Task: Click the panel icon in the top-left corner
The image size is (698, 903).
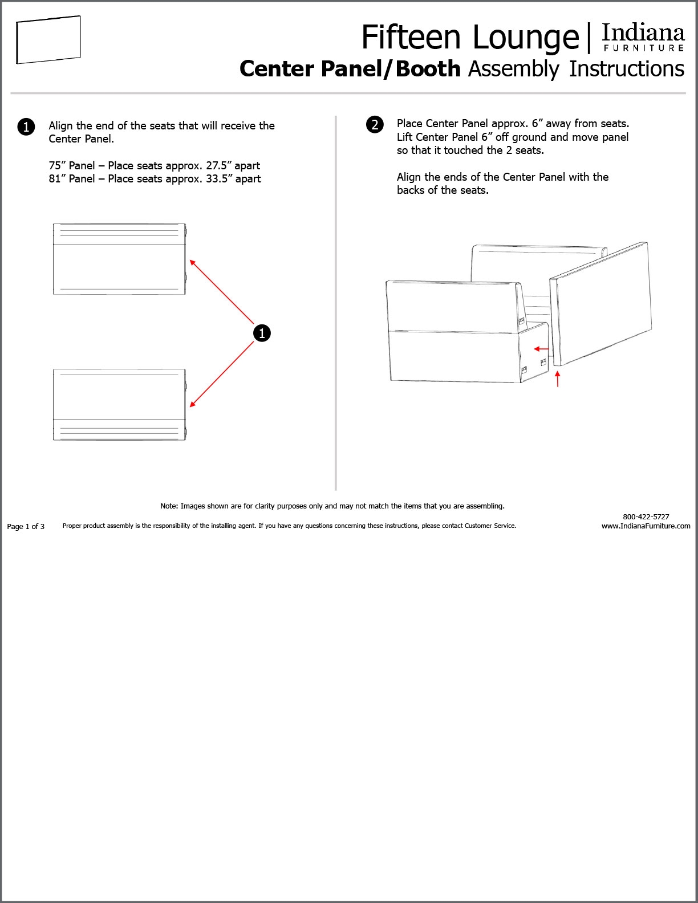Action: click(x=48, y=40)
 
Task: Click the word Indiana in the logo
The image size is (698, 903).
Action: click(x=643, y=33)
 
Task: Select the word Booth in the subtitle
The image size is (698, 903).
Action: click(x=428, y=69)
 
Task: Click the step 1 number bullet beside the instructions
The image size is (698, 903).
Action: click(x=26, y=127)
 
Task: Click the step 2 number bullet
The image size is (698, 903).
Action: click(x=375, y=124)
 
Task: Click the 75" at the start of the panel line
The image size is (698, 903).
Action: click(x=57, y=166)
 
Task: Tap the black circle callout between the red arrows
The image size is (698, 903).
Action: click(x=262, y=333)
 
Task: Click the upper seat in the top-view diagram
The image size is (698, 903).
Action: click(x=119, y=259)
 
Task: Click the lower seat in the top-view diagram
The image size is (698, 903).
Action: click(x=119, y=405)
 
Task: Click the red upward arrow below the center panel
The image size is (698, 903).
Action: click(x=558, y=379)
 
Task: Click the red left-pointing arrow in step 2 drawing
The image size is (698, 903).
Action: click(x=541, y=349)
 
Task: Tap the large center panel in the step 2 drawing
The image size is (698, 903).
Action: click(x=602, y=302)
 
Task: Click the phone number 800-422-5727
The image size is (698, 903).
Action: click(x=646, y=516)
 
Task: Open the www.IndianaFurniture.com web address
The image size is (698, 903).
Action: click(x=646, y=526)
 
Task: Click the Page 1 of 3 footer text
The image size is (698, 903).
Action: click(x=26, y=527)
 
